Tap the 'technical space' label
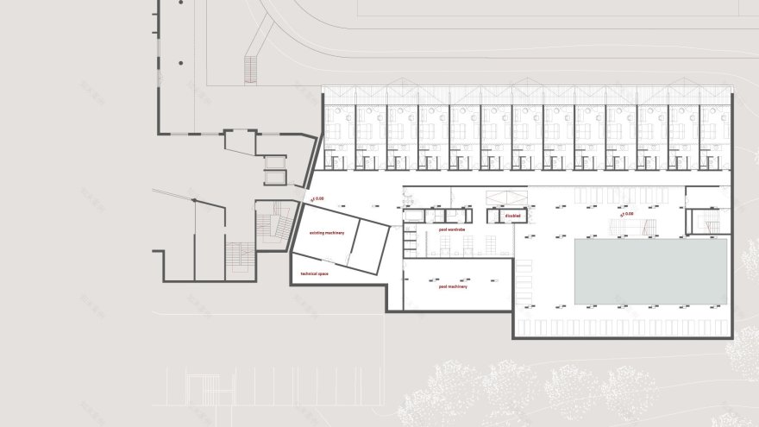click(x=315, y=273)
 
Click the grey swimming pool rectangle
click(x=650, y=271)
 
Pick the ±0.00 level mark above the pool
click(x=626, y=212)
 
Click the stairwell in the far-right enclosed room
click(x=710, y=223)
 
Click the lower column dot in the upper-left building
click(x=183, y=63)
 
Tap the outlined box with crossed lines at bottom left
click(x=205, y=392)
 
